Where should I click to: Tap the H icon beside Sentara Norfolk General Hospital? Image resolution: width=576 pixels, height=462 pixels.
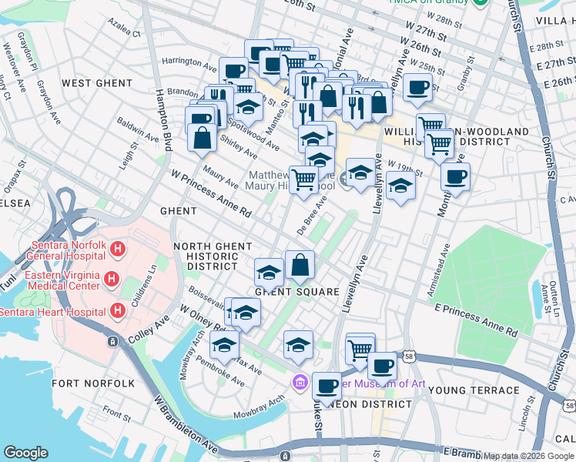click(x=117, y=249)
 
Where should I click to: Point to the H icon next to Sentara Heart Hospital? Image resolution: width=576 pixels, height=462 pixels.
click(x=117, y=310)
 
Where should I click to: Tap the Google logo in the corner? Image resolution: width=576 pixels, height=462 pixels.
click(x=25, y=453)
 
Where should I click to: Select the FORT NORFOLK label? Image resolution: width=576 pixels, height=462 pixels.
click(x=93, y=383)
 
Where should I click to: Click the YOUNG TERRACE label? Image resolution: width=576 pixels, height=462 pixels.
click(x=474, y=390)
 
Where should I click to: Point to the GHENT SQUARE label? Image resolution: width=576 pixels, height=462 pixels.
click(x=297, y=292)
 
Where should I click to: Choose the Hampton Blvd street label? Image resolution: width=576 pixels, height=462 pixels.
click(x=163, y=119)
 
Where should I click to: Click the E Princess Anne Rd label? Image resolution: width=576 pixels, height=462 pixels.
click(x=475, y=319)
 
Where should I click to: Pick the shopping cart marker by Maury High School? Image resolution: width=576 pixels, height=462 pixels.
click(x=304, y=179)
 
